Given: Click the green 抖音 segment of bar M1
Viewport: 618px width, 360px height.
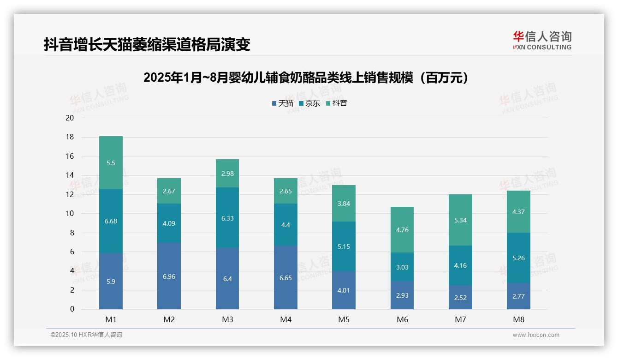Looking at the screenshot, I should (111, 162).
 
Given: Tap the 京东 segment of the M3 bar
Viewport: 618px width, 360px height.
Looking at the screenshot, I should (227, 218).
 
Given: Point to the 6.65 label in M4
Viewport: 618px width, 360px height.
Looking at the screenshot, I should (285, 278).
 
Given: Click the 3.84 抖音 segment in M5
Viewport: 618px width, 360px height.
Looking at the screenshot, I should (344, 204).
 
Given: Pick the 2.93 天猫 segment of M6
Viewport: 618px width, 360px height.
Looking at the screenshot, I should (402, 295).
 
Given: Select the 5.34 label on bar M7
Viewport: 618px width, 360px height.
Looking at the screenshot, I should (460, 220).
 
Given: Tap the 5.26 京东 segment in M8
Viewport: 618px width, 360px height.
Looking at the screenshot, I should (518, 258).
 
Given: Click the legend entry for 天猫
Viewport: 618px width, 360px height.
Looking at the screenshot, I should (283, 103).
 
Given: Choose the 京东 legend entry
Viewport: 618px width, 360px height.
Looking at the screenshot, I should (309, 103).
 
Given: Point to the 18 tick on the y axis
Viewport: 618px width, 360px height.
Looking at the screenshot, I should (70, 137).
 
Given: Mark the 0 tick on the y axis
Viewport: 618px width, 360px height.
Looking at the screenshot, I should (72, 309).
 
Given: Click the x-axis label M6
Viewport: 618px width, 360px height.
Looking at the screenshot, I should (402, 319).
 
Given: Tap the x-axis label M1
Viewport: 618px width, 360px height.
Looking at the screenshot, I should (111, 319).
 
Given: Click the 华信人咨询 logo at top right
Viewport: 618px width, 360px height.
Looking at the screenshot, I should (542, 40).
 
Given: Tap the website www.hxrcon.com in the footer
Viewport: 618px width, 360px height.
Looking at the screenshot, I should (536, 335).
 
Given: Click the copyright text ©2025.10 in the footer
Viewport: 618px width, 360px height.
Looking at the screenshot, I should (86, 335).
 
